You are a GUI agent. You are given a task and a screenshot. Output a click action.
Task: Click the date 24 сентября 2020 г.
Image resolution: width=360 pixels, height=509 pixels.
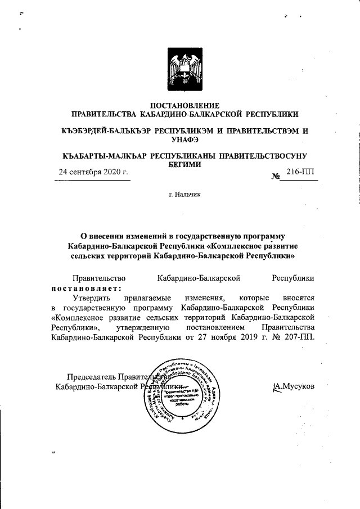94,173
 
